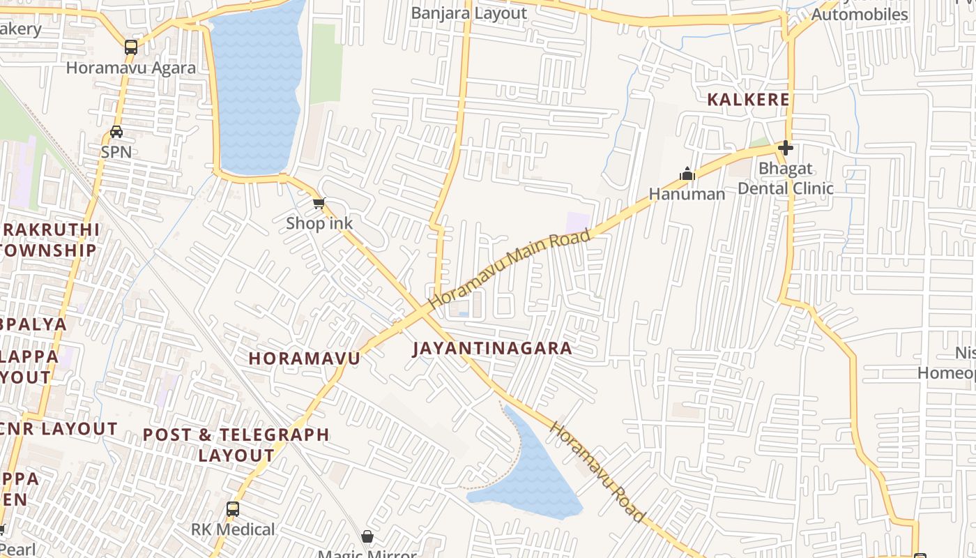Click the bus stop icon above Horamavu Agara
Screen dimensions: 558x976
[130, 47]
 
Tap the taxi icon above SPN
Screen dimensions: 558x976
[116, 132]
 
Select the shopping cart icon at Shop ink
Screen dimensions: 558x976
[319, 203]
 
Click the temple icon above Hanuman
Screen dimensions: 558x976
[687, 174]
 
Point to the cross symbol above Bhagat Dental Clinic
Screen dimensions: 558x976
[786, 148]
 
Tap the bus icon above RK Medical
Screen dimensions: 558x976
[233, 509]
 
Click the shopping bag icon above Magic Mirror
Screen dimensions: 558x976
[367, 536]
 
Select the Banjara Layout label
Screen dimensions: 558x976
[468, 13]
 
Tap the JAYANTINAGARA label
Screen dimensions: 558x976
[492, 348]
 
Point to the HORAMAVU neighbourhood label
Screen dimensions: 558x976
[305, 359]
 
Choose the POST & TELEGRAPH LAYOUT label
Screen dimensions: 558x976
[236, 444]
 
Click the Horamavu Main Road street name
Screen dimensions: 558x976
[510, 269]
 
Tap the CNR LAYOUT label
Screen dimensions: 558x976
[59, 428]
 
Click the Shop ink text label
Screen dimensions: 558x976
[319, 223]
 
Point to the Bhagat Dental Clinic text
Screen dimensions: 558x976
[786, 179]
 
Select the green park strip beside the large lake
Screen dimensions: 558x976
[326, 63]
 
